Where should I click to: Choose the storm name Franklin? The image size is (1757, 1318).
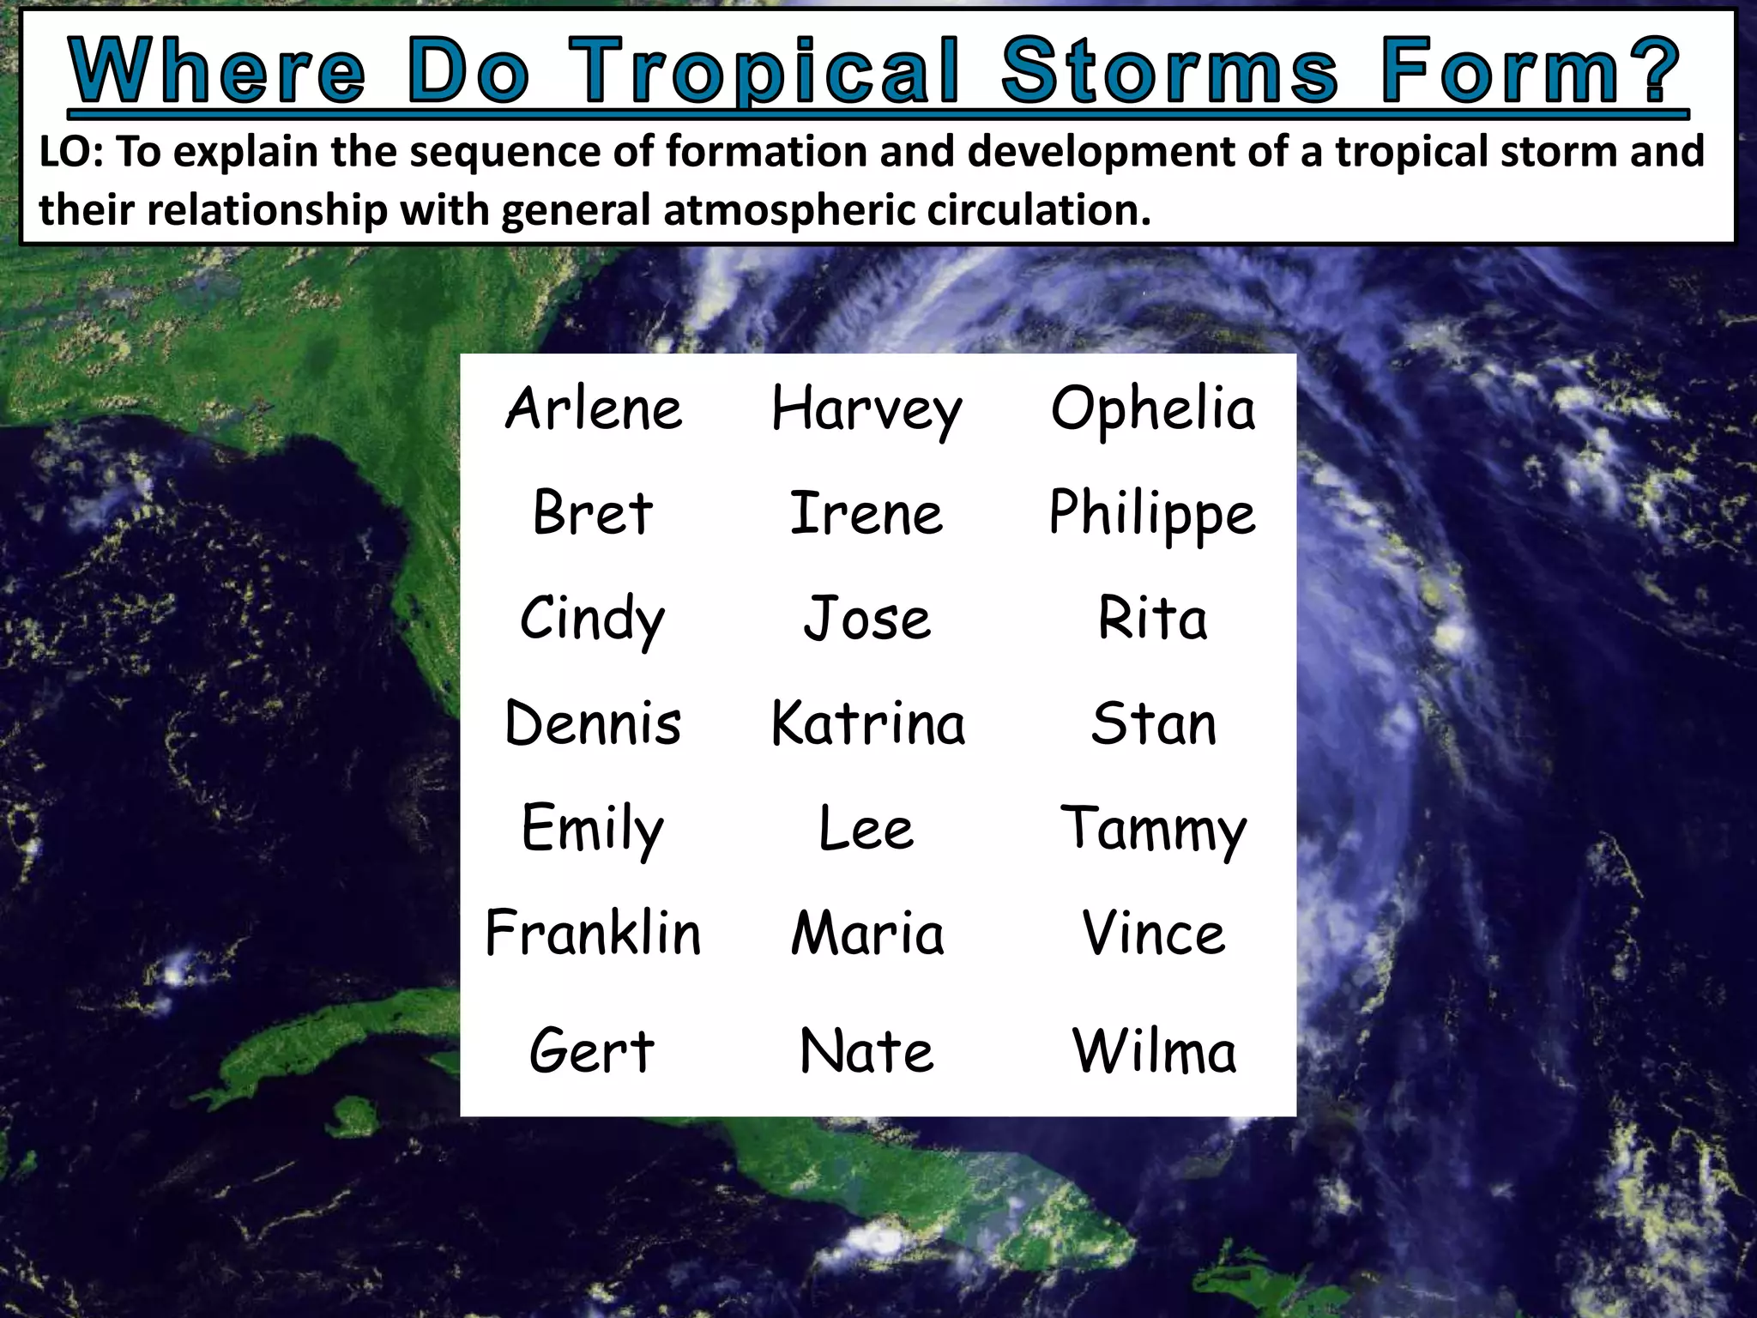[593, 933]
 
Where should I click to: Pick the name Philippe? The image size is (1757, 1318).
[1152, 514]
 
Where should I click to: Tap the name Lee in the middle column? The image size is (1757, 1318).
[866, 829]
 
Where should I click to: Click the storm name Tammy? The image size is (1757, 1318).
[1153, 829]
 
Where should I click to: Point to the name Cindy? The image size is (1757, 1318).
[592, 619]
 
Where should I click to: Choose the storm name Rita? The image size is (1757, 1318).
[1153, 619]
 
